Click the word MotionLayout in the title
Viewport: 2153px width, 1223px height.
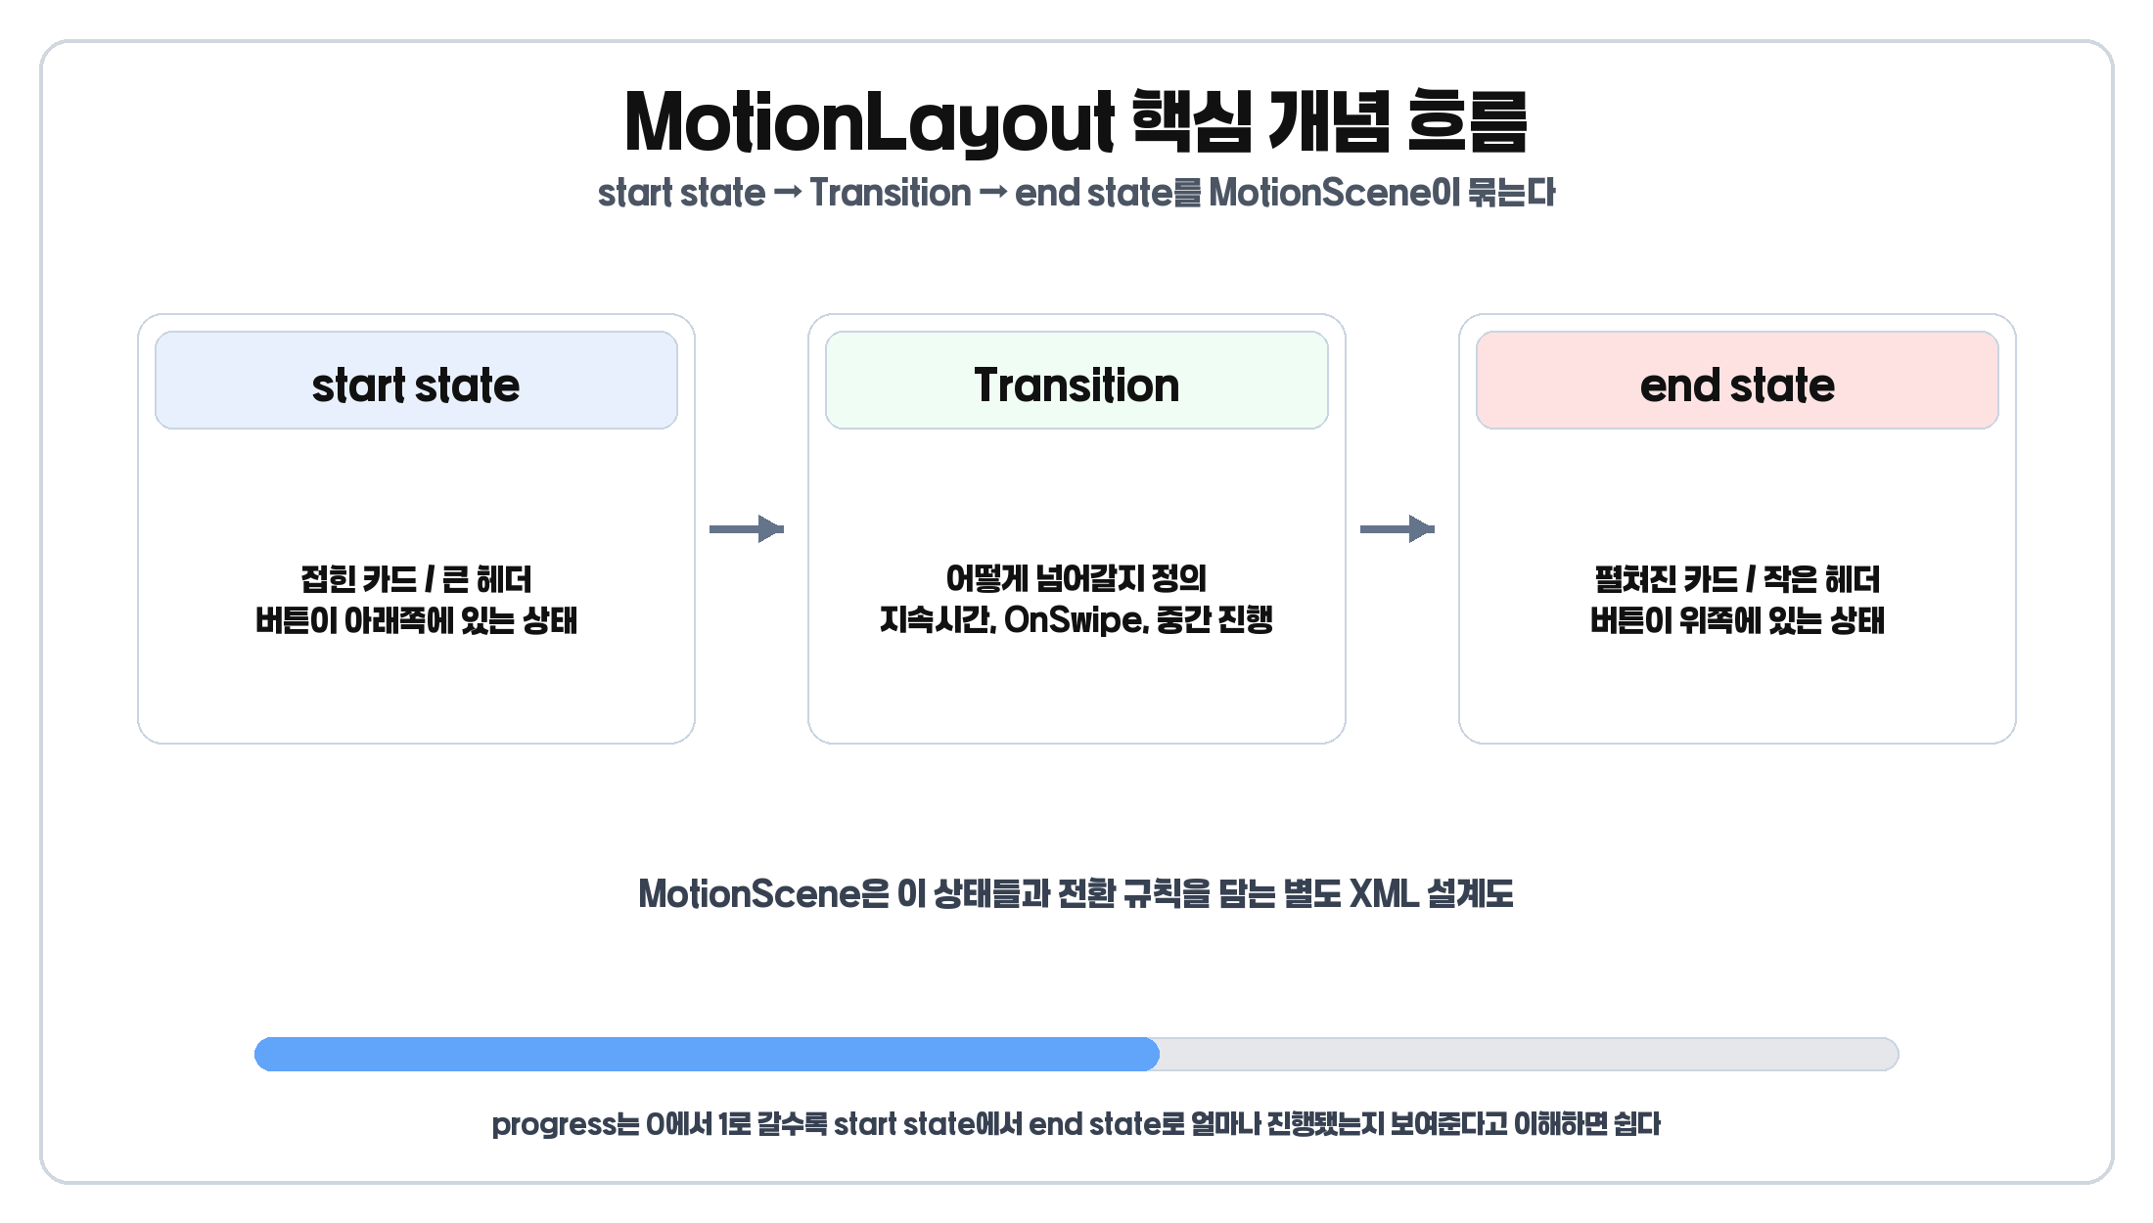point(869,123)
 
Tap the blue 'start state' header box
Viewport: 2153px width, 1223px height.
point(416,381)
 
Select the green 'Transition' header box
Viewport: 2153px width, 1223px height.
point(1076,381)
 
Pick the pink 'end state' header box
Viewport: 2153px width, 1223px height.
point(1737,381)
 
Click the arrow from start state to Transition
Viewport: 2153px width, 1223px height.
point(747,529)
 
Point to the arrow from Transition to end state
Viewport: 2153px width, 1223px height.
point(1397,529)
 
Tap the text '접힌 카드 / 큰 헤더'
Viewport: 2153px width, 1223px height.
point(416,579)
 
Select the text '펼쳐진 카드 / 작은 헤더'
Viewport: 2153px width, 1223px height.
point(1737,579)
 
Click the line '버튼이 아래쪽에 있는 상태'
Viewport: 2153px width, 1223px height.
point(416,620)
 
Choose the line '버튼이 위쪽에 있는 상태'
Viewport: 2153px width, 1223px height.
point(1737,620)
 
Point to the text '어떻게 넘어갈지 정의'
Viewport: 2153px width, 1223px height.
point(1076,579)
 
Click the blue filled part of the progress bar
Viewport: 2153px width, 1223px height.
point(705,1055)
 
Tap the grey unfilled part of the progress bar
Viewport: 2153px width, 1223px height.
point(1527,1055)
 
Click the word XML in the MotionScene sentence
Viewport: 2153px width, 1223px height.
point(1383,893)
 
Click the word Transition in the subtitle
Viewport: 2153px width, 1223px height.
point(890,193)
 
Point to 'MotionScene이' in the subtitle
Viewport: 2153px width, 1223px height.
point(1335,193)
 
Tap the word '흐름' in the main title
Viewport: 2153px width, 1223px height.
point(1467,123)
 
